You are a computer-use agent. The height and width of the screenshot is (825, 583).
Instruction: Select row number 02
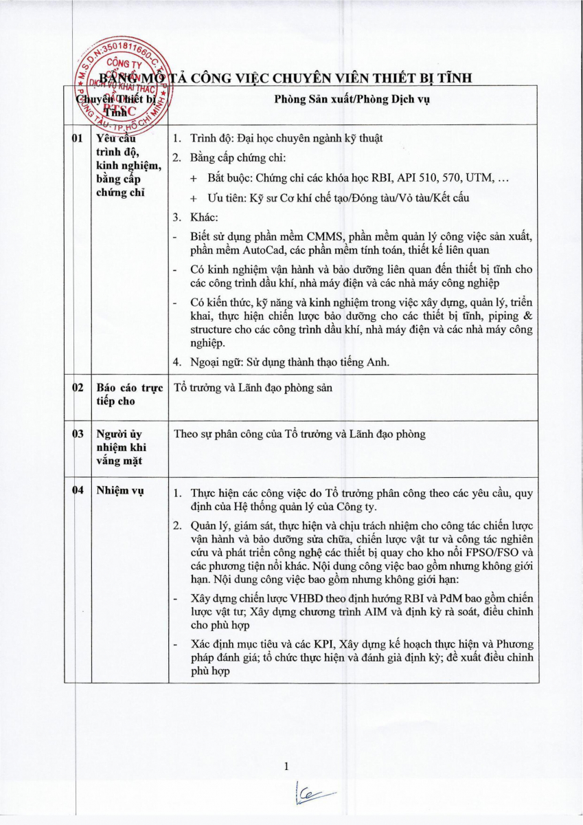[x=78, y=388]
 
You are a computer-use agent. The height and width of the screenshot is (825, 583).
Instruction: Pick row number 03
[x=78, y=434]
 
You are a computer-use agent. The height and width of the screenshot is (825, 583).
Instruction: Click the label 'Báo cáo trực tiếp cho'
[x=130, y=394]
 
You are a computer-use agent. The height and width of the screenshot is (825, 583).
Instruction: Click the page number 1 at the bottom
[x=287, y=767]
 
